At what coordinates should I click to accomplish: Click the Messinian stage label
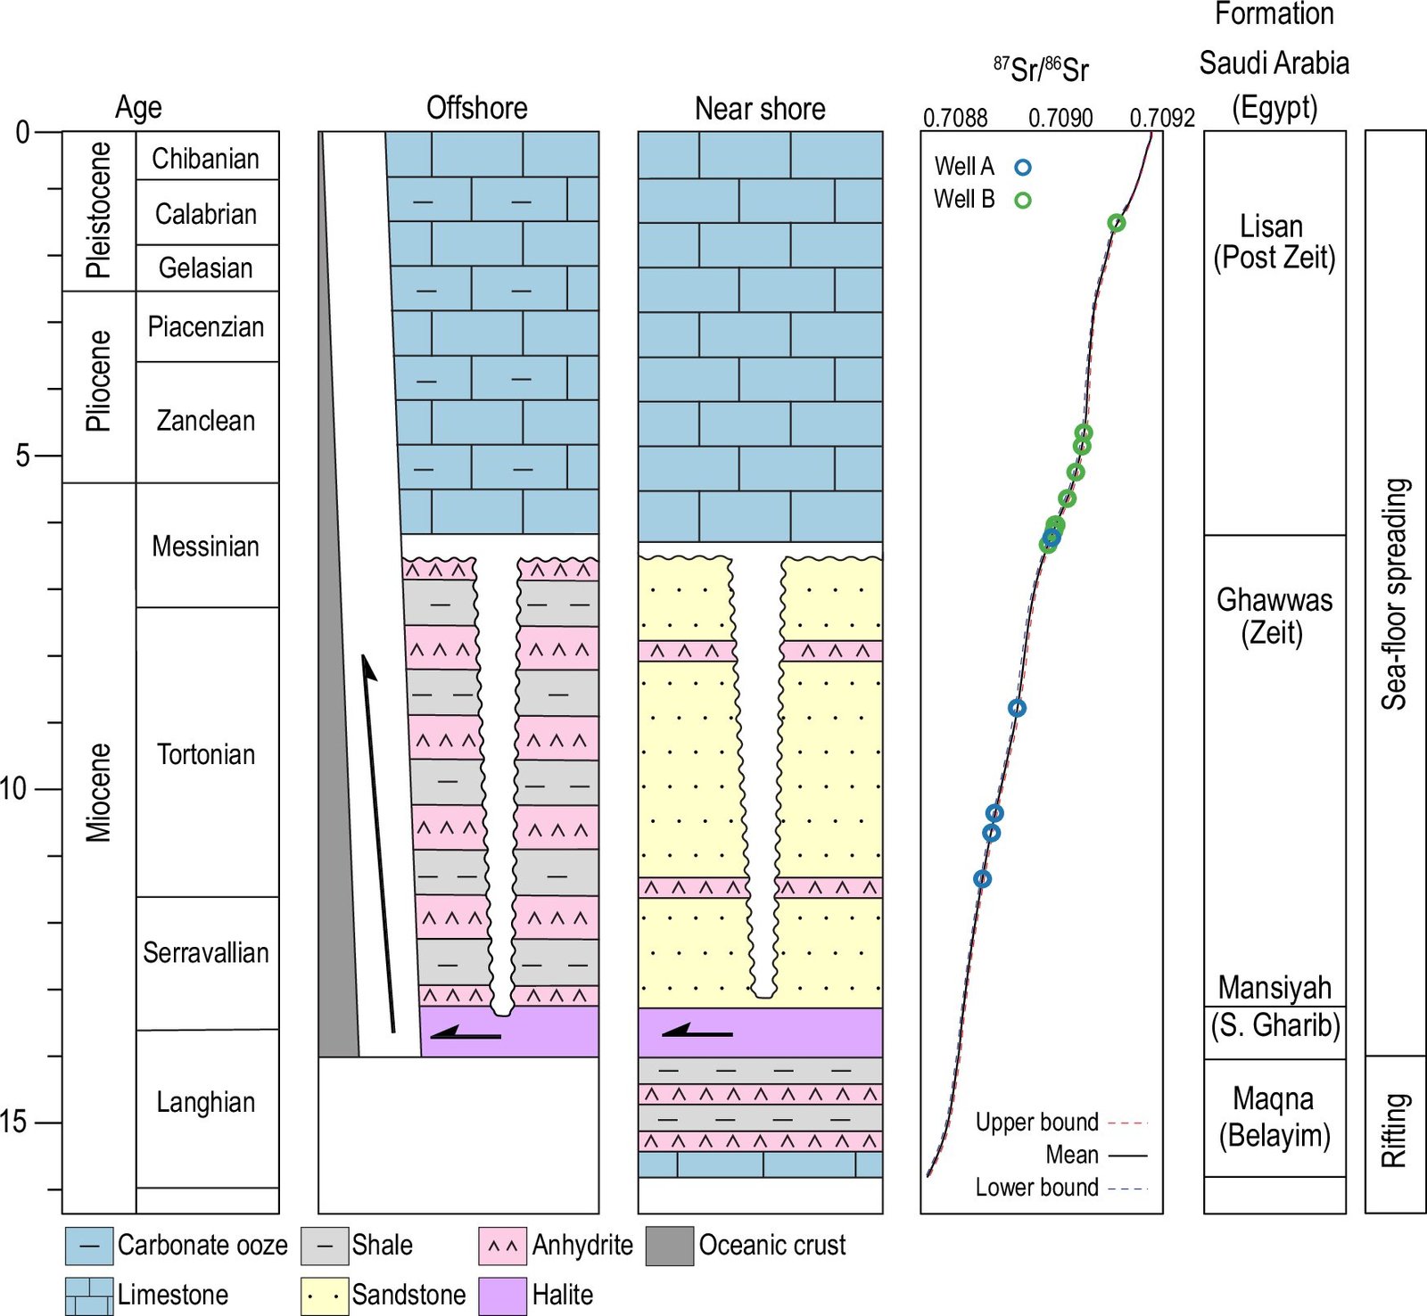tap(205, 546)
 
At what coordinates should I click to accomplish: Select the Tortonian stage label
tap(206, 754)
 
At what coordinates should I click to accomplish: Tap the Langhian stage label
tap(206, 1102)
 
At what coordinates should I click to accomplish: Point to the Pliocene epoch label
tap(98, 382)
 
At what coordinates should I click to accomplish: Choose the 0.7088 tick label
tap(955, 118)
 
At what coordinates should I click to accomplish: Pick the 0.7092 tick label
tap(1162, 118)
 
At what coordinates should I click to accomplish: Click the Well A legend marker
tap(1023, 167)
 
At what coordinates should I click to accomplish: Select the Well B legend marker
tap(1023, 201)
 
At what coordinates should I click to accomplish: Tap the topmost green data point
tap(1117, 223)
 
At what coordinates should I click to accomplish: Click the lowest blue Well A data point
tap(983, 879)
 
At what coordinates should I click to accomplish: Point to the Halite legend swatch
tap(502, 1295)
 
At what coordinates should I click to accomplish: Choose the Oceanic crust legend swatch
tap(670, 1246)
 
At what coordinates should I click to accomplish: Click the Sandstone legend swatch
tap(325, 1295)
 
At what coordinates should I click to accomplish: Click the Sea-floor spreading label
tap(1395, 593)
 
